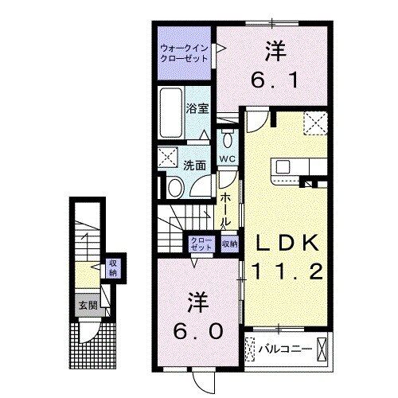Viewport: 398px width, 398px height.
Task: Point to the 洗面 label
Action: tap(194, 166)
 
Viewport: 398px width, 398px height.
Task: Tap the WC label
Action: tap(227, 159)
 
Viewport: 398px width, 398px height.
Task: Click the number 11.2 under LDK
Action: tap(288, 272)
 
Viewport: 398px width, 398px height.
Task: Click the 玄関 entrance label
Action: tap(85, 304)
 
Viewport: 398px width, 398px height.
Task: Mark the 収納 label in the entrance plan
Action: tap(113, 268)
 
